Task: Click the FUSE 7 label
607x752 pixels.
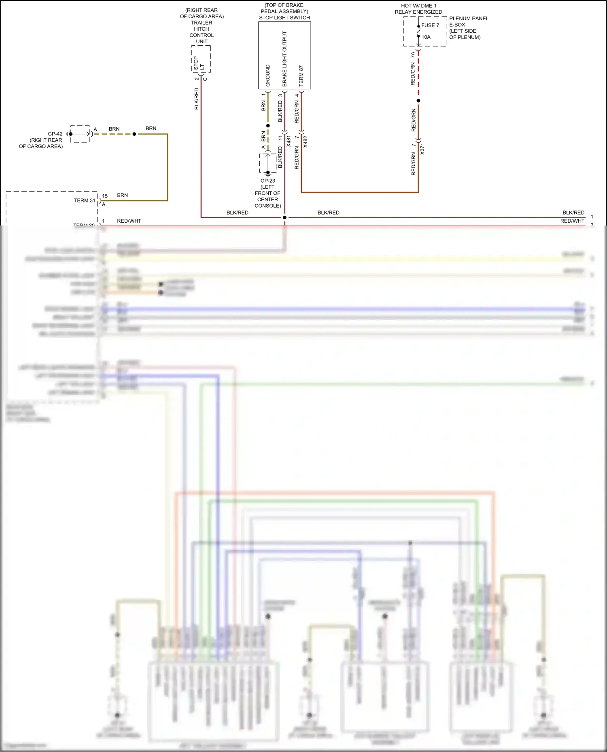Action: pyautogui.click(x=430, y=25)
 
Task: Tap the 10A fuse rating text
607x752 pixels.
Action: pyautogui.click(x=426, y=37)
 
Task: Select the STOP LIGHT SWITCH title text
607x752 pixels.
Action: pyautogui.click(x=284, y=18)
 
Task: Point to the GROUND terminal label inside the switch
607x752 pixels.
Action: pyautogui.click(x=267, y=75)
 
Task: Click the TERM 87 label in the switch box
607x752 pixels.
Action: pyautogui.click(x=301, y=76)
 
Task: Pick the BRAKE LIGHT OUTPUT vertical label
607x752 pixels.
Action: pyautogui.click(x=284, y=59)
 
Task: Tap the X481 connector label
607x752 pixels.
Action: pyautogui.click(x=289, y=141)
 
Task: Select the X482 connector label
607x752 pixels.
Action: pyautogui.click(x=306, y=141)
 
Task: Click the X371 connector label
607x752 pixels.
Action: pyautogui.click(x=422, y=149)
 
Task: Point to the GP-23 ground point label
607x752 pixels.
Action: pyautogui.click(x=267, y=181)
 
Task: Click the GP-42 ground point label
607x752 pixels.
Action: pyautogui.click(x=55, y=134)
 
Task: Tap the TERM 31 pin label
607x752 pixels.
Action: pyautogui.click(x=85, y=200)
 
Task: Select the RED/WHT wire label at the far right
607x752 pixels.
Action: pyautogui.click(x=572, y=221)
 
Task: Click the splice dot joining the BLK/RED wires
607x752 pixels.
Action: pyautogui.click(x=284, y=217)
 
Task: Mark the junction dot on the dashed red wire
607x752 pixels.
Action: pyautogui.click(x=418, y=101)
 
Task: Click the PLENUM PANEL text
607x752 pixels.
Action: pyautogui.click(x=469, y=19)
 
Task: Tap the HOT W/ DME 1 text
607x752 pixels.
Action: pyautogui.click(x=418, y=6)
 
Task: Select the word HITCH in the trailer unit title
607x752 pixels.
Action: pyautogui.click(x=201, y=29)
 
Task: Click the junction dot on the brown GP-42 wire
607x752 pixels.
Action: pyautogui.click(x=134, y=134)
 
